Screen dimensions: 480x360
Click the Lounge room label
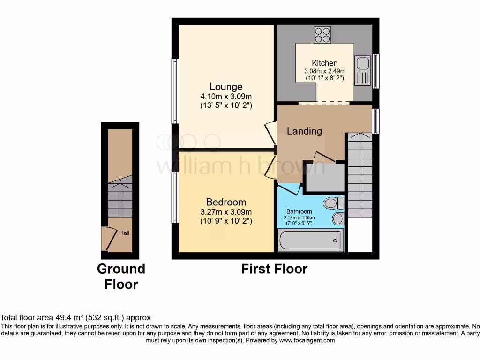(226, 87)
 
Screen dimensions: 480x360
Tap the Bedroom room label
(226, 202)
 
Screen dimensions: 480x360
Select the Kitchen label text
(324, 63)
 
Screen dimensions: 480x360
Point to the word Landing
(304, 131)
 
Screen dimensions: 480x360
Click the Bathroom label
(299, 211)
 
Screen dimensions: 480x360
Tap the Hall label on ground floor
(124, 233)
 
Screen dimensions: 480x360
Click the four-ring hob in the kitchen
(322, 35)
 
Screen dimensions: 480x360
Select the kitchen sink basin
(363, 63)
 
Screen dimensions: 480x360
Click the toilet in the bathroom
(334, 203)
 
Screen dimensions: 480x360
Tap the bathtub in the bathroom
(310, 240)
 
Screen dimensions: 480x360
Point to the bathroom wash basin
(338, 219)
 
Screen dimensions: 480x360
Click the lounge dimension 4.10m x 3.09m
(226, 97)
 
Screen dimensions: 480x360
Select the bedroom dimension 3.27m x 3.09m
(226, 212)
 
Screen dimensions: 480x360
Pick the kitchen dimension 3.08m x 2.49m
(324, 71)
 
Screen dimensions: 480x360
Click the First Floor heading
(274, 269)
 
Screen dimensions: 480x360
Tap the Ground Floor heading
(121, 277)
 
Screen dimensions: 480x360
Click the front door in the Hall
(109, 238)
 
